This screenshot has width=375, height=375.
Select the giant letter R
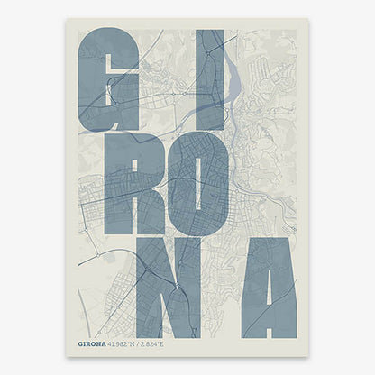[122, 185]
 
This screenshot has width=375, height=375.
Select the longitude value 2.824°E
[165, 343]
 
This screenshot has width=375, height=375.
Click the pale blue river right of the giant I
[232, 72]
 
